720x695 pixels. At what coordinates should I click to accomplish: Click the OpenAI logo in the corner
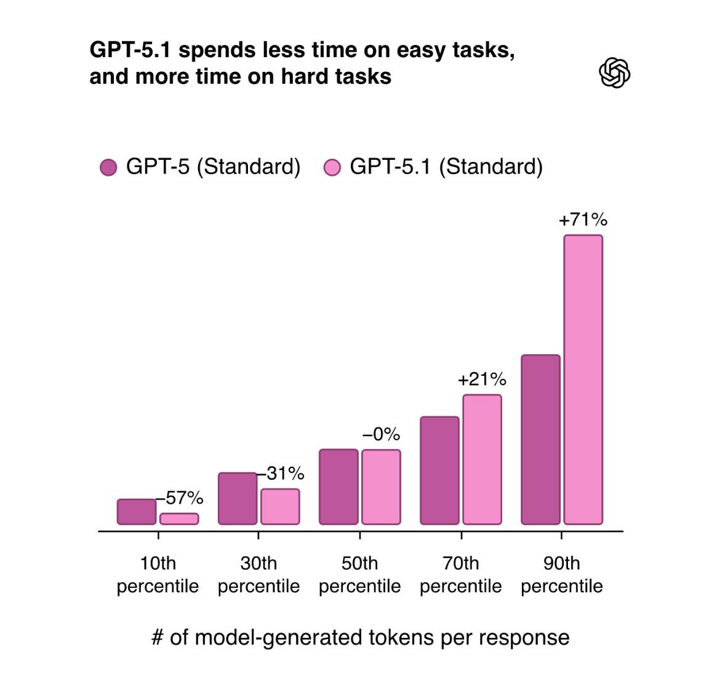pos(614,73)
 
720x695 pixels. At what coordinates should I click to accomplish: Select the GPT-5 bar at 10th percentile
pos(137,512)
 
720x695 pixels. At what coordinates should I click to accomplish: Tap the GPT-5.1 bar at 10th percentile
pos(179,518)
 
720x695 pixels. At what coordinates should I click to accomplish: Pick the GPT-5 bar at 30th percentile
pos(238,498)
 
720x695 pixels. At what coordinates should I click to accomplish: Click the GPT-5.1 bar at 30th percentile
pos(280,506)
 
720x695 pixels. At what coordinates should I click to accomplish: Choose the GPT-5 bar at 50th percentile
pos(338,486)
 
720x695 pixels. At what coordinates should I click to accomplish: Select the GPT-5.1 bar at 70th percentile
pos(482,459)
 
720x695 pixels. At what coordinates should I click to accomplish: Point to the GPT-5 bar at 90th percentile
pos(540,439)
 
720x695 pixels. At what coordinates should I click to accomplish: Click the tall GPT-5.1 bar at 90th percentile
pos(583,379)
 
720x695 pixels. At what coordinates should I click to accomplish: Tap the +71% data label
pos(583,220)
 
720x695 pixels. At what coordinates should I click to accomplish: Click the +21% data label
pos(482,379)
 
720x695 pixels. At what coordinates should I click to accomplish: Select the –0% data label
pos(381,435)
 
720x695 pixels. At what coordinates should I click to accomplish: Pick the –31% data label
pos(281,474)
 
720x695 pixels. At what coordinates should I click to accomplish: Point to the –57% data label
pos(180,498)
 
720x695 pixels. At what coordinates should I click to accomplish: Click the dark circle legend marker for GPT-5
pos(108,167)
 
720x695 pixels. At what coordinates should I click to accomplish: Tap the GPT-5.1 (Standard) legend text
pos(446,167)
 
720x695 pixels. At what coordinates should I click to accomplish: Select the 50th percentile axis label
pos(359,574)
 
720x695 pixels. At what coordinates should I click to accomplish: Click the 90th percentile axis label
pos(561,574)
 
